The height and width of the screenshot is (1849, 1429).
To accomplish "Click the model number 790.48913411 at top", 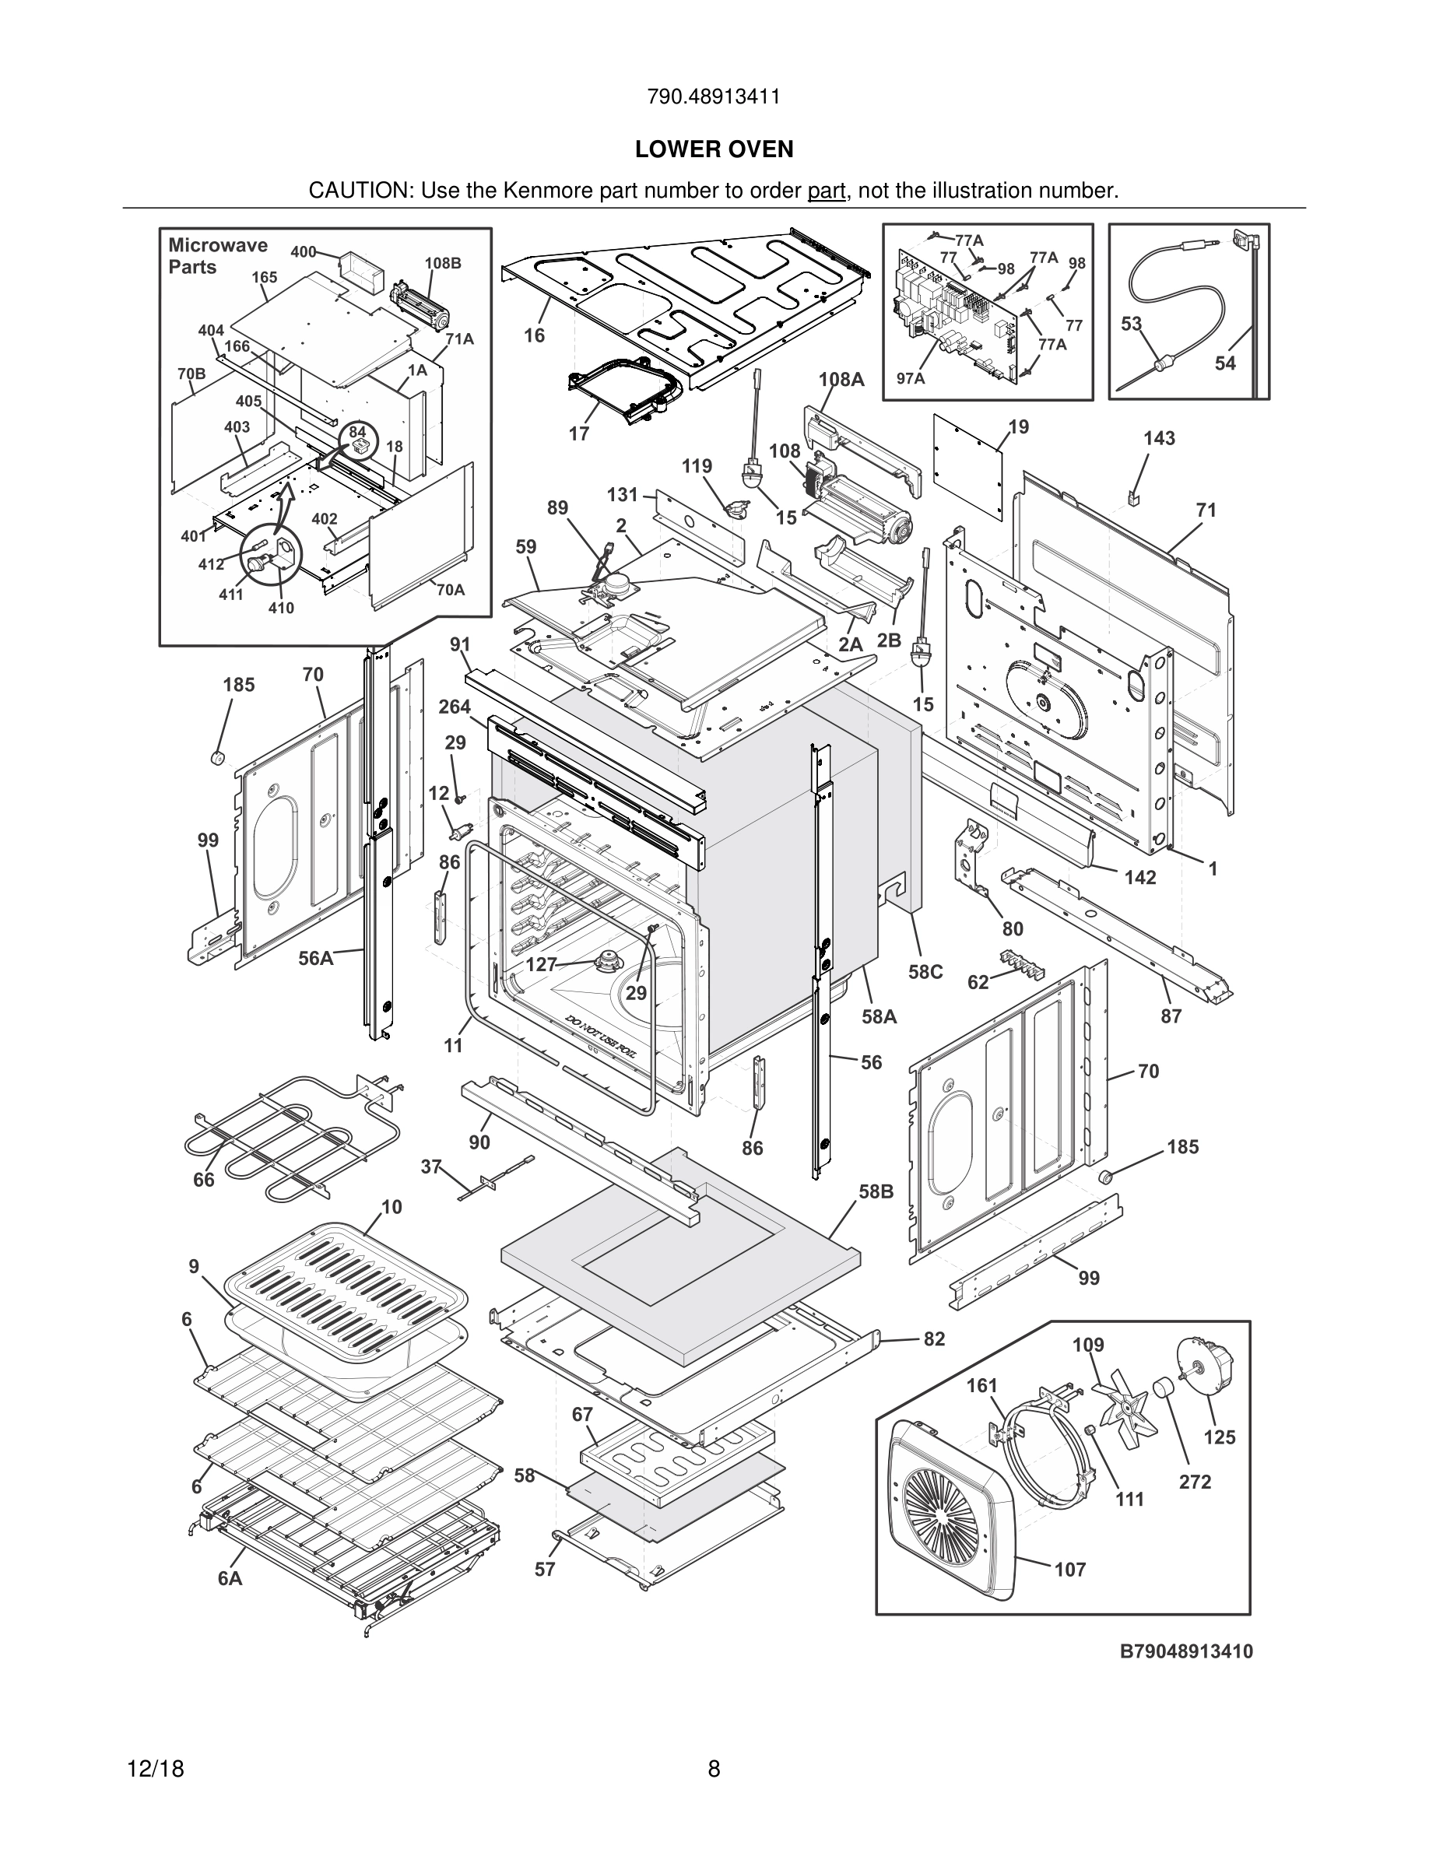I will (714, 96).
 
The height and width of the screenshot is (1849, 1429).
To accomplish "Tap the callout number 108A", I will (841, 379).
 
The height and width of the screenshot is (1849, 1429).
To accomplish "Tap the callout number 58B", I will (876, 1192).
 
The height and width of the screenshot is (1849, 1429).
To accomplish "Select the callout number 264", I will (455, 707).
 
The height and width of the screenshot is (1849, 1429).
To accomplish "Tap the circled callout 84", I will (356, 432).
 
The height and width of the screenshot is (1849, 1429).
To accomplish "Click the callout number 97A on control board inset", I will (910, 378).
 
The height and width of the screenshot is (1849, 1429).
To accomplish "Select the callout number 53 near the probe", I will (1132, 324).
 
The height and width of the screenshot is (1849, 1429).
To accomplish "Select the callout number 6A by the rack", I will (230, 1578).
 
